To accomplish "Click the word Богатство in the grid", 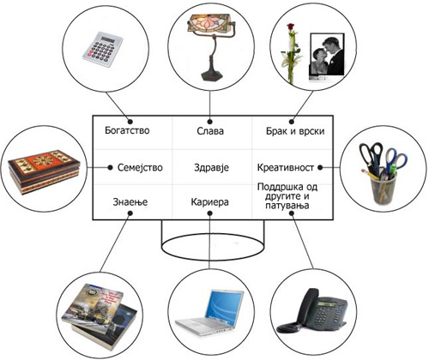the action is tap(127, 130).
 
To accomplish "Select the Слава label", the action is tap(210, 131).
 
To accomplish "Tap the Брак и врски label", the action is tap(295, 131).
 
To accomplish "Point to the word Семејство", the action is tap(140, 167).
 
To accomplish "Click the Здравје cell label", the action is tap(211, 167).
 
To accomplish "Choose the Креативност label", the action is tap(286, 167).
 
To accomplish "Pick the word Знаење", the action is tap(130, 202).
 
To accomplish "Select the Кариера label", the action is tap(209, 202).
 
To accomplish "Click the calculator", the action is tap(102, 50).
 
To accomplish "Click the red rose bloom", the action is tap(291, 27).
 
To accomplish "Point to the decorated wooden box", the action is tap(45, 172).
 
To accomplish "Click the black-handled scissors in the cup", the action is tap(371, 157).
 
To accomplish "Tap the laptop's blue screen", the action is tap(225, 304).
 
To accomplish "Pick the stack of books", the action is tap(100, 316).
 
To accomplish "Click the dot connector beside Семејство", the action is tap(110, 167).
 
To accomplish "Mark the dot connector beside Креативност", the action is tap(320, 167).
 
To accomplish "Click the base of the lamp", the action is tap(210, 74).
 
